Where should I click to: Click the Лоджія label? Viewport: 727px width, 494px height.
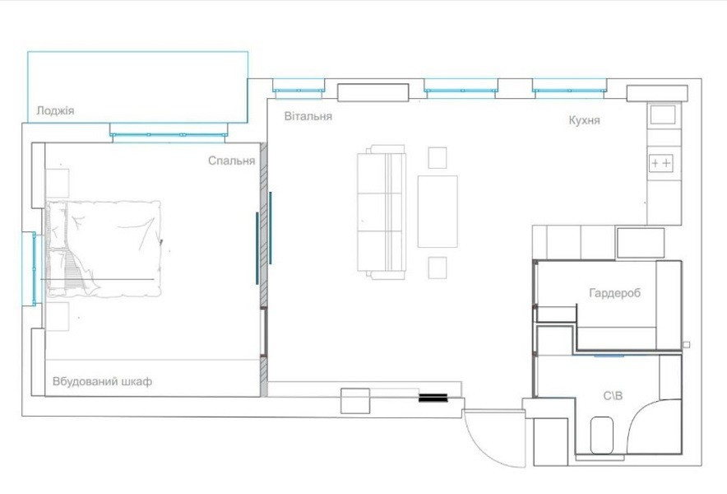55,111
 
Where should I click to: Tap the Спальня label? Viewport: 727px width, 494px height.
231,161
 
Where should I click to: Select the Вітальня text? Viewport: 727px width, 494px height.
308,116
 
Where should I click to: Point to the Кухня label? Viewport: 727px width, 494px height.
584,120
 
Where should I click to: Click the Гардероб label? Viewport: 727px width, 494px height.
615,293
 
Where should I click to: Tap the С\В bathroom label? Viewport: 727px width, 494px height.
613,396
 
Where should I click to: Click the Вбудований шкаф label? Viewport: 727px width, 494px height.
102,382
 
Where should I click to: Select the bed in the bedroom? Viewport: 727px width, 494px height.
104,249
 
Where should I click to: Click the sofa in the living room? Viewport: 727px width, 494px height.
381,212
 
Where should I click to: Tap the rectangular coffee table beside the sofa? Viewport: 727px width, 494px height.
438,212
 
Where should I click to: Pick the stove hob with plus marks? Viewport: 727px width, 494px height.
661,163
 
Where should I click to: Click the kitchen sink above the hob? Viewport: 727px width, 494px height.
663,114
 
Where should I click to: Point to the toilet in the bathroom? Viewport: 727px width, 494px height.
602,435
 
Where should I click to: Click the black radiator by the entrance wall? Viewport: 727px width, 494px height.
433,398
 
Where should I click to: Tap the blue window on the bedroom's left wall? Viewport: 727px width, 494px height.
34,269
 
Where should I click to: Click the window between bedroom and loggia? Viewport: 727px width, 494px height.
169,135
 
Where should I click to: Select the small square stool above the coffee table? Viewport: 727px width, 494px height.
438,158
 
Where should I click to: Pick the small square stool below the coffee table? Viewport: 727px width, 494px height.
438,268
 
